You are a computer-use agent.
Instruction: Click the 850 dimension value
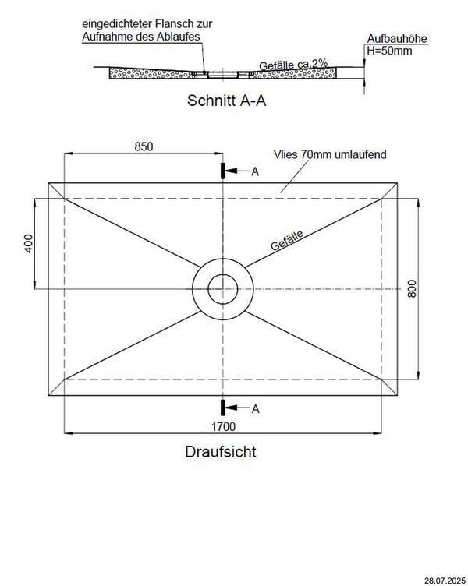coord(143,146)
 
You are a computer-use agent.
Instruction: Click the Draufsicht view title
coord(221,451)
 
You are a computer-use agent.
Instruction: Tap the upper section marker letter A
coord(254,171)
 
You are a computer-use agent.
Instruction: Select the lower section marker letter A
coord(254,408)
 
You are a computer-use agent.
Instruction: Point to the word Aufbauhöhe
coord(398,39)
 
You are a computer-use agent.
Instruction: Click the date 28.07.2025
coord(442,580)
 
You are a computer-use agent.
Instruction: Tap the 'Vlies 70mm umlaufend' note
coord(329,155)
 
